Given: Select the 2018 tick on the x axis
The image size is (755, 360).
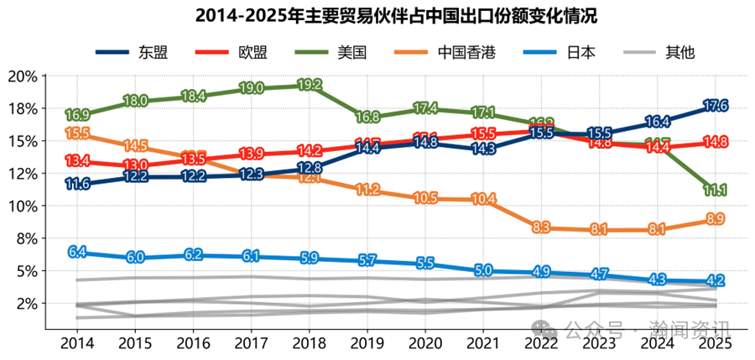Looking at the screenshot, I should pos(310,342).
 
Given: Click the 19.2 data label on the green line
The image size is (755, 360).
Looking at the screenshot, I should pos(310,85).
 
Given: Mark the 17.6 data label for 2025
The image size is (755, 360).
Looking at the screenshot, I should pos(715,106).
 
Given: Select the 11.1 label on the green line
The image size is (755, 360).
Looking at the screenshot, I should pos(715,190).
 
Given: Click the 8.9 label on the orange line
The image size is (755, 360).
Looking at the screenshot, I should pos(715,219).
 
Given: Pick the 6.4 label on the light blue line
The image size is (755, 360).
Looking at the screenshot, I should pos(77,251).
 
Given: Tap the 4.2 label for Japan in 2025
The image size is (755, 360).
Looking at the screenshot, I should pos(715,280).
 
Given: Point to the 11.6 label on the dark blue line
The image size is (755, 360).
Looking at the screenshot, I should pos(77,184).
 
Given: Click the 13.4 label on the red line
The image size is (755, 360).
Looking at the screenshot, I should pos(77,160).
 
